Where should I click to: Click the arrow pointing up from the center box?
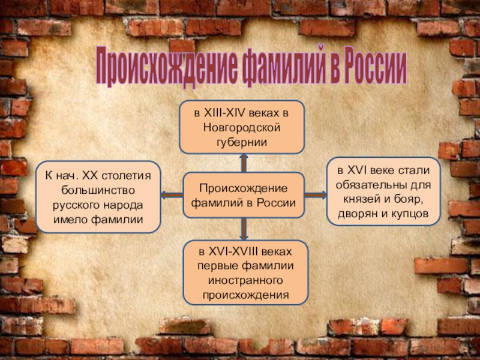pos(244,162)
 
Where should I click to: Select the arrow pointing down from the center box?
pos(244,228)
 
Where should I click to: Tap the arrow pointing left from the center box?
pos(171,195)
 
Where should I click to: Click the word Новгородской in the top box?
pos(242,127)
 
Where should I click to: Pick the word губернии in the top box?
pos(242,142)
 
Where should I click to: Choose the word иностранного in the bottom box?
pos(245,281)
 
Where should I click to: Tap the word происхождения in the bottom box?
pos(245,295)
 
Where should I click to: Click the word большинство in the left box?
pos(98,191)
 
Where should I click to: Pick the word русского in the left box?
pos(76,205)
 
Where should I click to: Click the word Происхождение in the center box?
pos(244,189)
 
